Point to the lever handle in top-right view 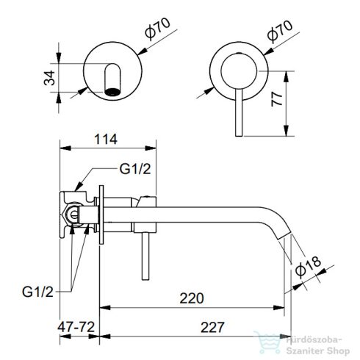click(237, 110)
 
